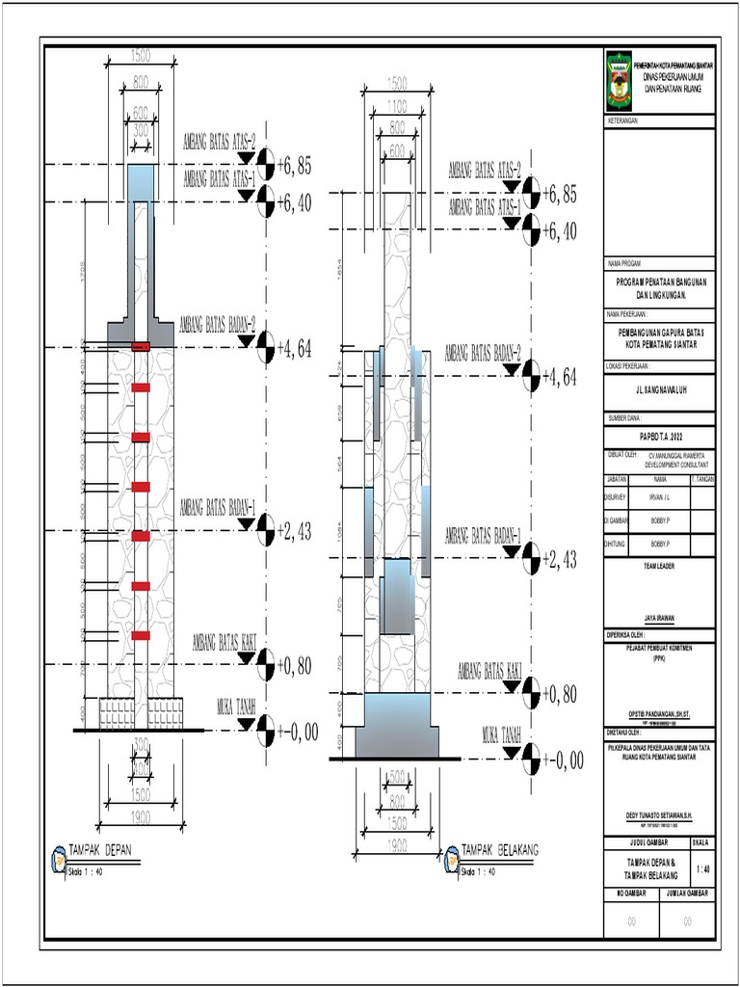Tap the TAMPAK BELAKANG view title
pos(499,849)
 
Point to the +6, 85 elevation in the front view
pos(294,167)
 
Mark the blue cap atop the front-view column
pos(141,177)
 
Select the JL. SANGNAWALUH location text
pos(659,392)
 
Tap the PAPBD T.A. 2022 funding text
pos(659,436)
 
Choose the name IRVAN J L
pos(660,498)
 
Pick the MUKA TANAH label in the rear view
pos(501,734)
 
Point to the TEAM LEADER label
pos(659,567)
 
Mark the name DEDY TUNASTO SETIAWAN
pos(659,816)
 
